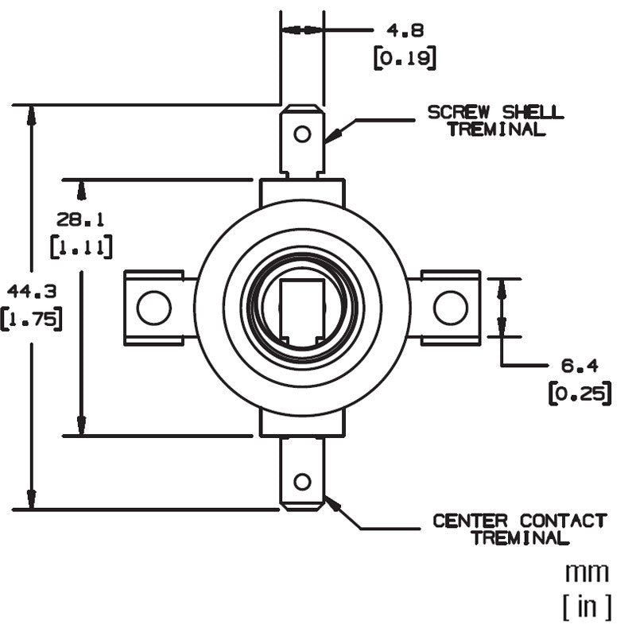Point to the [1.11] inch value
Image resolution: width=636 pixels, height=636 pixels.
pos(80,246)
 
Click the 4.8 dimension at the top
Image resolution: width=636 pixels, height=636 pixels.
pos(405,30)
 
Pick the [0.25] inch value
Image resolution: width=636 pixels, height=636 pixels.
pos(580,394)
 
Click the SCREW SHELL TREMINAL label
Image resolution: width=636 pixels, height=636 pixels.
pos(495,120)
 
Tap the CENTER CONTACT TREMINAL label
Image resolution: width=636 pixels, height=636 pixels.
pos(519,529)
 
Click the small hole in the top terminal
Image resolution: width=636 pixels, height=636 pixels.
pos(302,133)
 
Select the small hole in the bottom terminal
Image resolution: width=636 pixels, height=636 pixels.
pos(302,482)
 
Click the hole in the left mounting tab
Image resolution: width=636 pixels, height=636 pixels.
pos(153,308)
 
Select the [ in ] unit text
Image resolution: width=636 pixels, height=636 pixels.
pos(587,607)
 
